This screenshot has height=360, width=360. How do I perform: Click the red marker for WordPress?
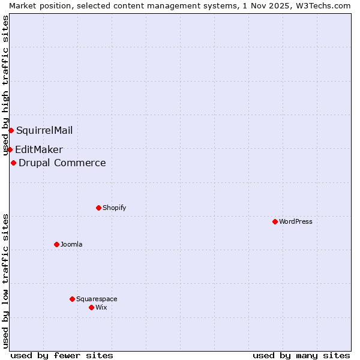tap(275, 221)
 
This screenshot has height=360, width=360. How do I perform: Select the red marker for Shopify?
tap(98, 208)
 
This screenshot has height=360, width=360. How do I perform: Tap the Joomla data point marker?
tap(56, 244)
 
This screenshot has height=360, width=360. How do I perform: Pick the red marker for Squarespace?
tap(72, 299)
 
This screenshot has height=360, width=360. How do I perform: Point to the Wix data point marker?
tap(91, 307)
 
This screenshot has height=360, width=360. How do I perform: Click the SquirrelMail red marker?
tap(11, 130)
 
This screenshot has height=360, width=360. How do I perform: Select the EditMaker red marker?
tap(10, 149)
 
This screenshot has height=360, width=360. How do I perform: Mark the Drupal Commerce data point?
tap(13, 163)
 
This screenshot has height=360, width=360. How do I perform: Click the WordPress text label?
tap(296, 221)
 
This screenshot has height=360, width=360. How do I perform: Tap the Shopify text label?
tap(114, 208)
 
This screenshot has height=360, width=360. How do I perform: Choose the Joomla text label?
tap(71, 244)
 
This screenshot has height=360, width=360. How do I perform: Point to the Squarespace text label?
tap(97, 299)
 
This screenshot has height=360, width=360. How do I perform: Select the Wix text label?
tap(101, 307)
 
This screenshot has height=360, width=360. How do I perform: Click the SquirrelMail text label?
tap(44, 130)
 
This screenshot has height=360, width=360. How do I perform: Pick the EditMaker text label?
tap(39, 149)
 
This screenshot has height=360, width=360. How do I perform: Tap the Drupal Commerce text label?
tap(62, 163)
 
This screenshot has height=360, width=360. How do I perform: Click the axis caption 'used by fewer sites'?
tap(62, 355)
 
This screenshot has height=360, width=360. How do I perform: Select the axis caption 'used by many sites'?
tap(301, 355)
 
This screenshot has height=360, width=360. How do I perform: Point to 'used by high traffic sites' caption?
tap(5, 83)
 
